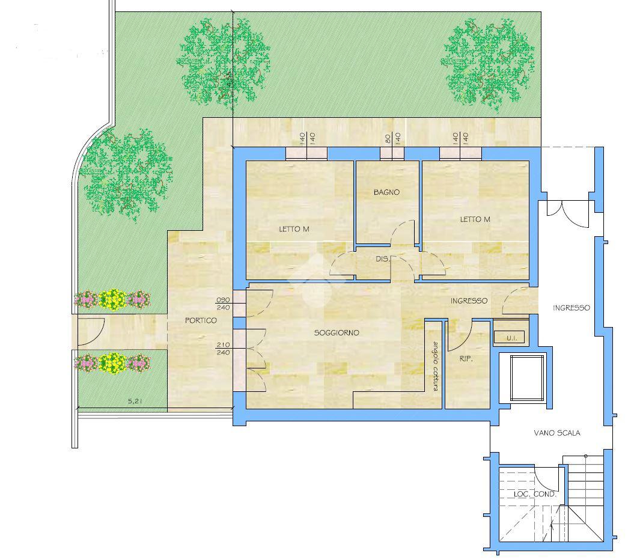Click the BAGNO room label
pyautogui.click(x=386, y=192)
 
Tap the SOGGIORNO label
pyautogui.click(x=337, y=332)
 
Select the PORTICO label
pyautogui.click(x=201, y=320)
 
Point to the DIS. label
pyautogui.click(x=382, y=259)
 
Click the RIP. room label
pyautogui.click(x=466, y=358)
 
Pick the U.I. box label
pyautogui.click(x=512, y=338)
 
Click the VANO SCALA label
pyautogui.click(x=557, y=433)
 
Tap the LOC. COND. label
pyautogui.click(x=535, y=494)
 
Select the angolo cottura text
pyautogui.click(x=436, y=367)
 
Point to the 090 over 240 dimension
pyautogui.click(x=223, y=304)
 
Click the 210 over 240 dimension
pyautogui.click(x=223, y=349)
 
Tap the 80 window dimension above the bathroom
pyautogui.click(x=388, y=139)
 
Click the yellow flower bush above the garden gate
pyautogui.click(x=112, y=299)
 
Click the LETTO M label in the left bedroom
pyautogui.click(x=294, y=229)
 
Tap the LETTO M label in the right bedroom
pyautogui.click(x=475, y=219)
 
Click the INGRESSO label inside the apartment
pyautogui.click(x=469, y=301)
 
